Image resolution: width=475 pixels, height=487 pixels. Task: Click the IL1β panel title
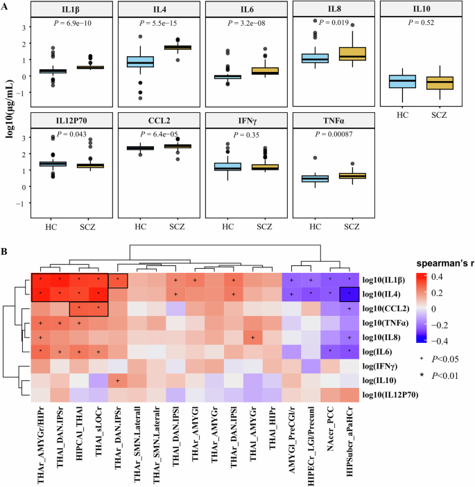[68, 10]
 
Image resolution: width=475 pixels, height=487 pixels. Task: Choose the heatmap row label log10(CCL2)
[390, 307]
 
